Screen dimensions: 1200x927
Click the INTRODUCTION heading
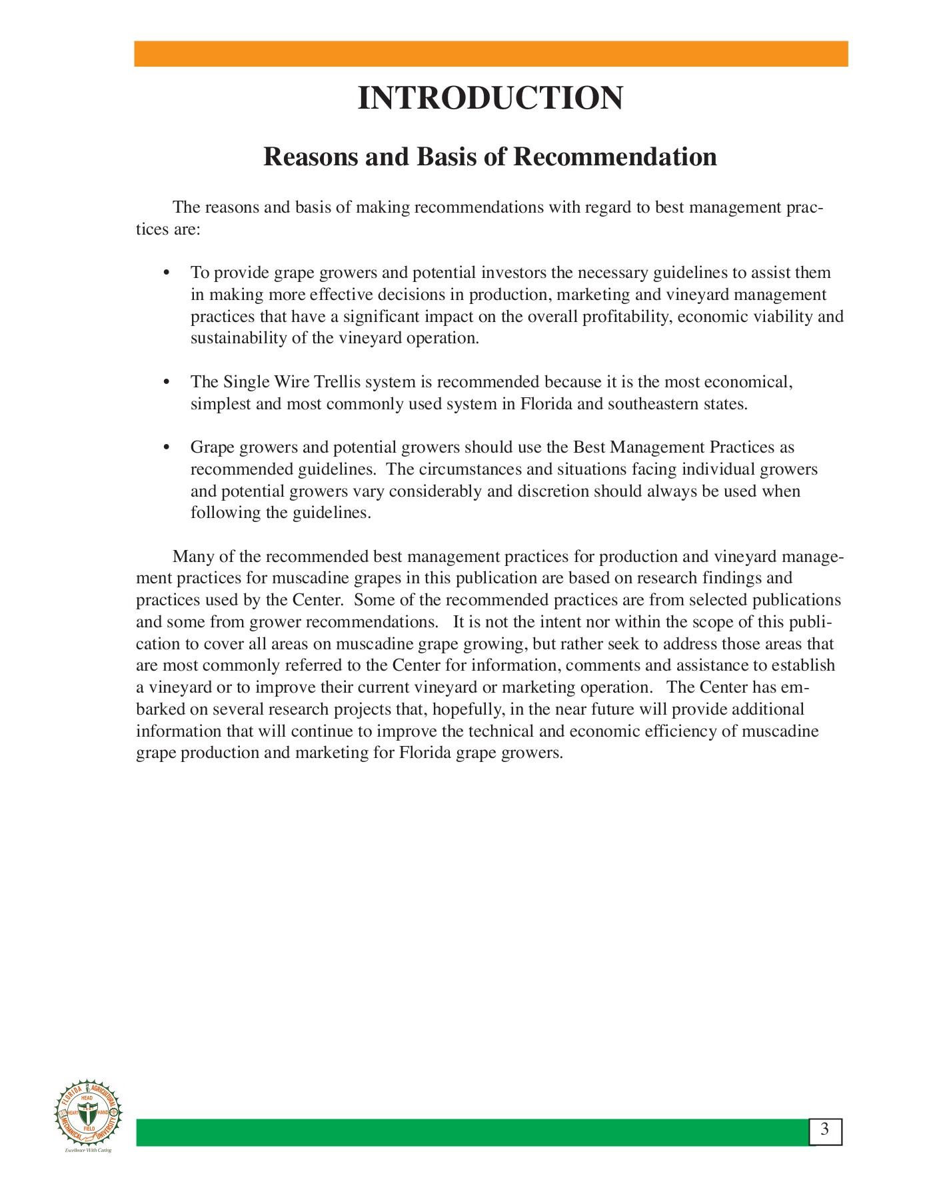click(x=490, y=99)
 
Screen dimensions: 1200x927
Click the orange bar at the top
click(x=490, y=54)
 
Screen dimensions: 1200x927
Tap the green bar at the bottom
click(x=473, y=1133)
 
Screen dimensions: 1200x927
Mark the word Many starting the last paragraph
click(x=191, y=557)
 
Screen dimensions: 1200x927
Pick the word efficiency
click(x=681, y=731)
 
